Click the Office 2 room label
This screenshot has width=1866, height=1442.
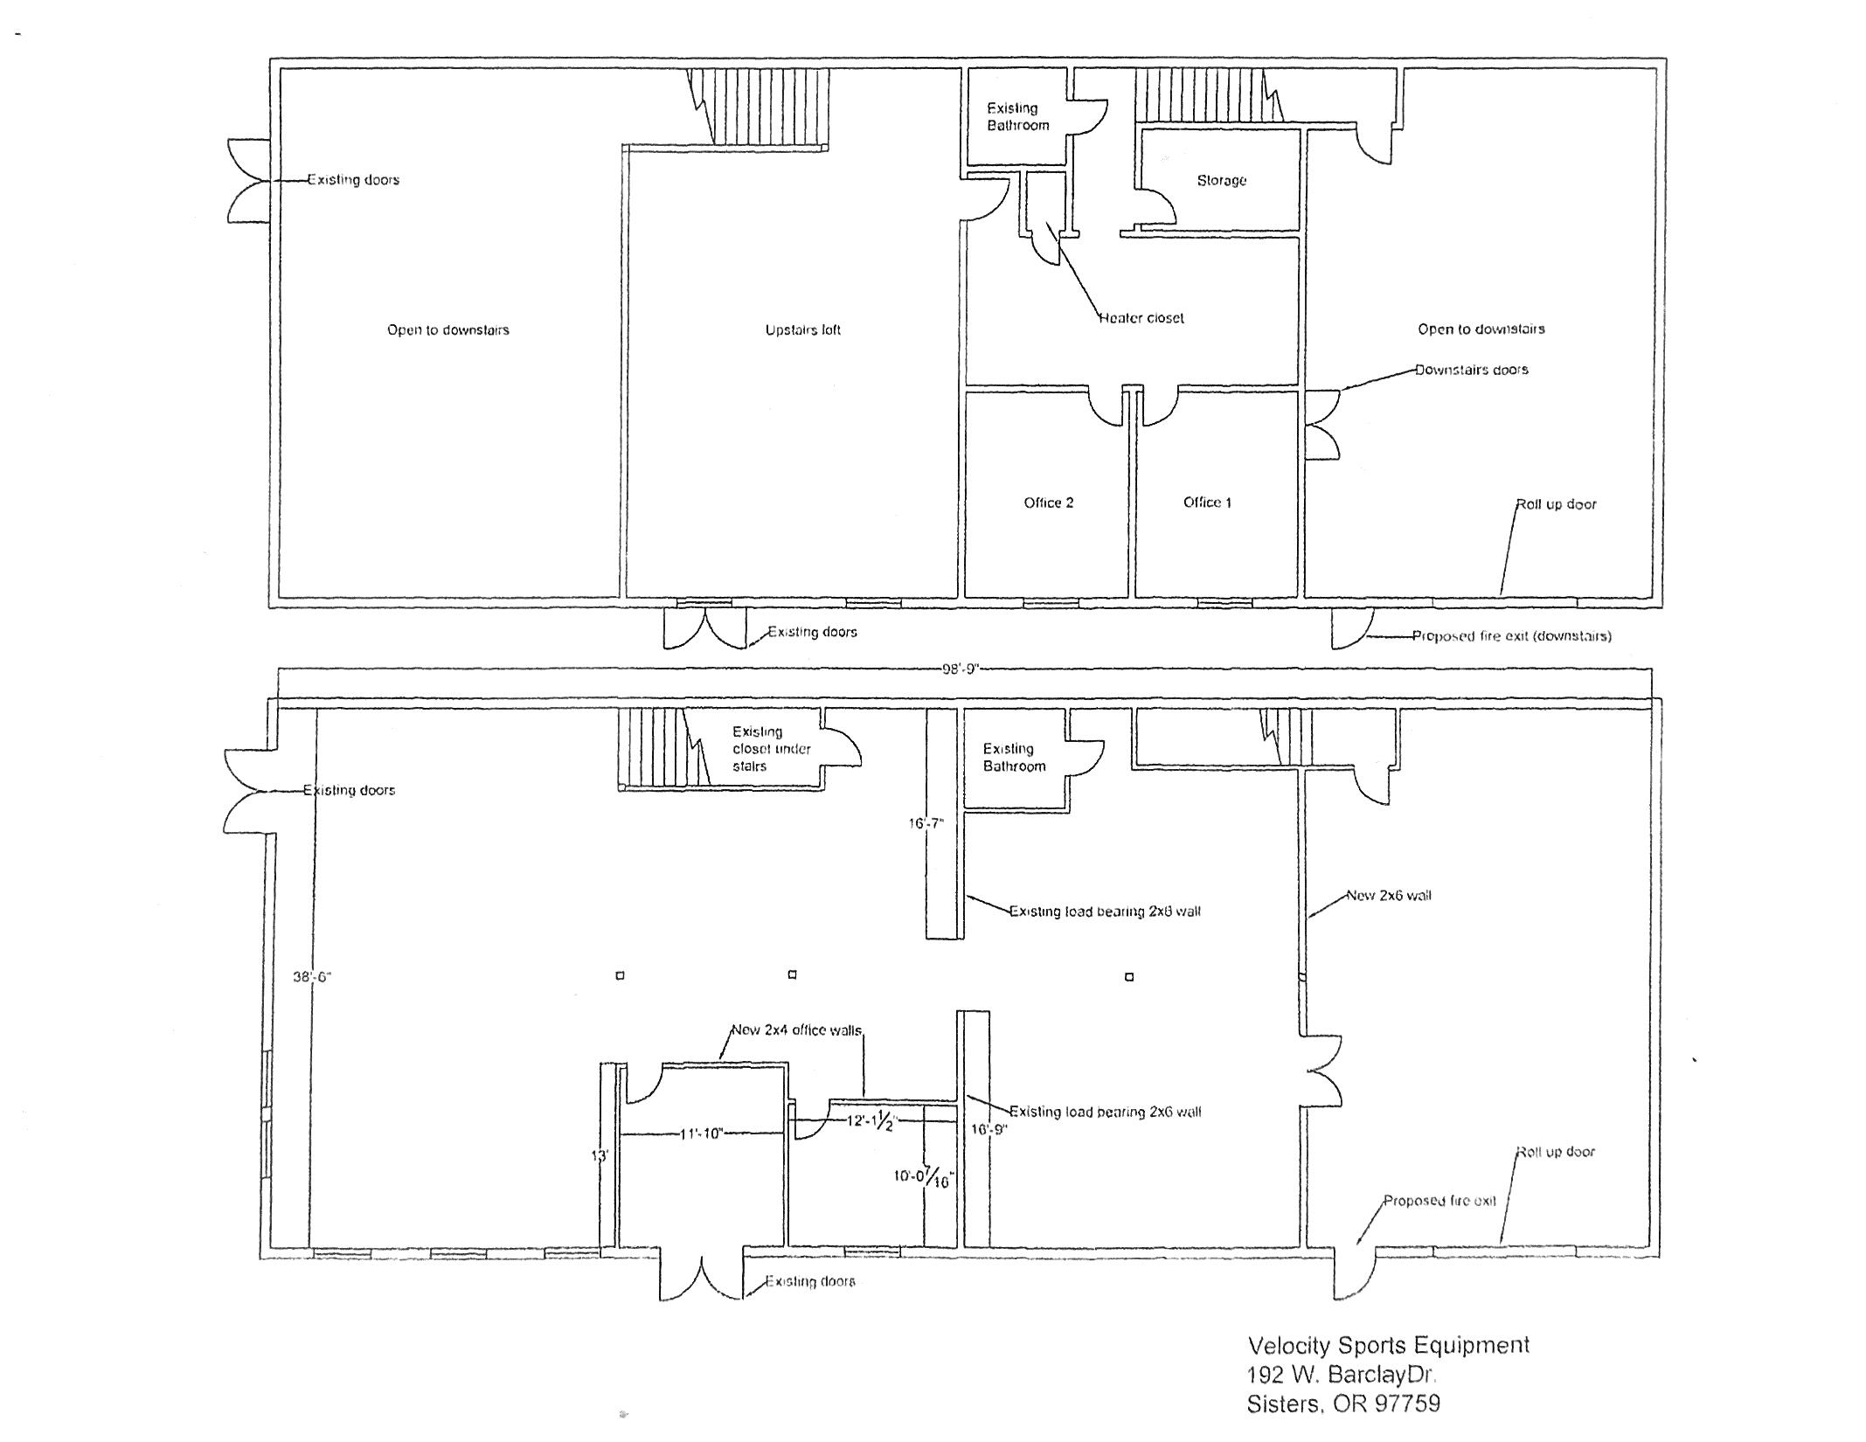point(1048,503)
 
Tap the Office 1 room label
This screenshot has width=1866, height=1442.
point(1207,502)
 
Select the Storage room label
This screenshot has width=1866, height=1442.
point(1221,180)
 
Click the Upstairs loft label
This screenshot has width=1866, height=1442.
point(802,329)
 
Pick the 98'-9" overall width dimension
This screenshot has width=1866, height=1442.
point(961,669)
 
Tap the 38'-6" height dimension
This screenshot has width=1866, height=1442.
point(310,977)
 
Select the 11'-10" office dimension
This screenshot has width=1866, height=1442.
point(701,1134)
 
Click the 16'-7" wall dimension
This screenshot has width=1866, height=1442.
point(926,823)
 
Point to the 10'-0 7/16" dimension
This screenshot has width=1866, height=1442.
point(923,1177)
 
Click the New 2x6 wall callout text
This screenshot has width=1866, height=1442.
point(1388,895)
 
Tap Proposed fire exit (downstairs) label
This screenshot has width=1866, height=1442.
point(1511,636)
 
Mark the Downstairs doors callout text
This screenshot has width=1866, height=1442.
point(1471,370)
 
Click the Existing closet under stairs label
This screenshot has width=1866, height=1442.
point(771,749)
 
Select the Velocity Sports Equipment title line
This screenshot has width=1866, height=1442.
point(1388,1345)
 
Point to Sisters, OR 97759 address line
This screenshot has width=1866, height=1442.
point(1342,1404)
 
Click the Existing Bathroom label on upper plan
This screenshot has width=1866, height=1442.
point(1016,117)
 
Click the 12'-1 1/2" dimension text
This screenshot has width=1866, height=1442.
point(871,1121)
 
